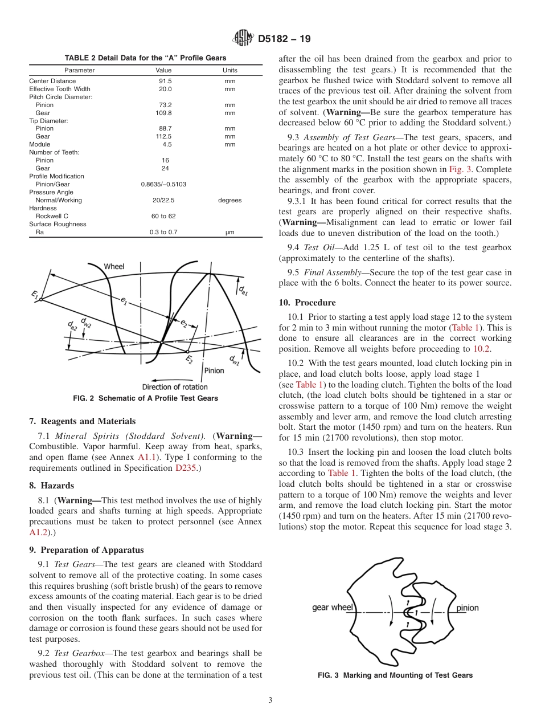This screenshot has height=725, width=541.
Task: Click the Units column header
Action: pos(229,70)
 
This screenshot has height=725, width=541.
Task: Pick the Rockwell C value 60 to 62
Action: pos(163,216)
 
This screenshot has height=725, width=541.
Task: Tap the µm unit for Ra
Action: pos(229,232)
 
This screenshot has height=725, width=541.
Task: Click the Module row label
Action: pos(40,144)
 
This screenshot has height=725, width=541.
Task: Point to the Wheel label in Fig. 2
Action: pos(114,266)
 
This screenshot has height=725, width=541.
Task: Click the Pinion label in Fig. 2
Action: pos(214,370)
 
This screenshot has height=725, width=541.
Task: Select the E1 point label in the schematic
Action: pos(35,294)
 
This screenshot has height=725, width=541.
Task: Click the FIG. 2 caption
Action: pos(145,398)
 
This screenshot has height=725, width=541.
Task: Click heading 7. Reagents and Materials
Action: pos(82,421)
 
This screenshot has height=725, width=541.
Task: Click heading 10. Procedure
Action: pos(307,303)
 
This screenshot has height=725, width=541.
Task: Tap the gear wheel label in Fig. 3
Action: pos(333,608)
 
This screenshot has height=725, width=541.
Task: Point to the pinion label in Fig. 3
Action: pos(468,608)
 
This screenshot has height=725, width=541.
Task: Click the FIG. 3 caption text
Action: pos(395,675)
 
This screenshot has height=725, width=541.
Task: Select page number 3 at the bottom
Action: pos(270,700)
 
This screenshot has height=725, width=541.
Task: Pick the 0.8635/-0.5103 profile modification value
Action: pos(163,184)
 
